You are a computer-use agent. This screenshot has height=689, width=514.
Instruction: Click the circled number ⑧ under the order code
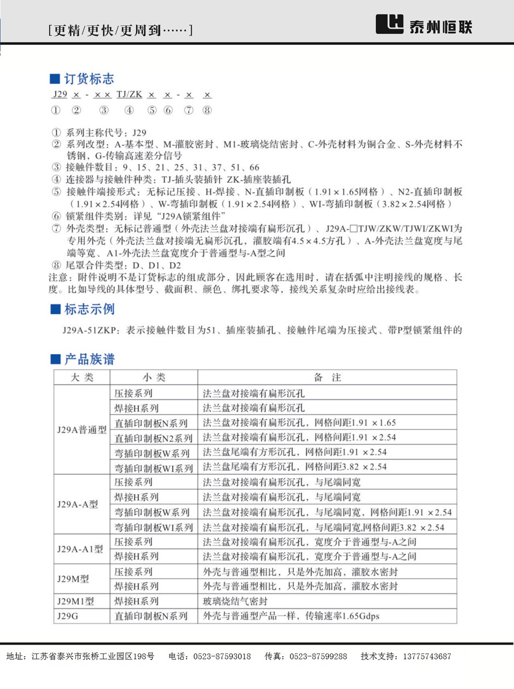[207, 110]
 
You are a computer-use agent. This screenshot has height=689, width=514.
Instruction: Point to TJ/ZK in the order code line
[129, 95]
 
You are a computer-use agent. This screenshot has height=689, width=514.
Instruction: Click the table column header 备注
[327, 378]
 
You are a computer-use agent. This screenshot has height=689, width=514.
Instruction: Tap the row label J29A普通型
[81, 430]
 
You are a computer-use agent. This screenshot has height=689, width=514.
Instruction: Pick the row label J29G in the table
[68, 616]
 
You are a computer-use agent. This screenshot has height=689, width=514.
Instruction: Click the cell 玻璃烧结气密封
[237, 601]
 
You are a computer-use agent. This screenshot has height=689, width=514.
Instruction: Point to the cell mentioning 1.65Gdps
[291, 616]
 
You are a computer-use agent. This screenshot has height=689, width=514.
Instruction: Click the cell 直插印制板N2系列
[153, 438]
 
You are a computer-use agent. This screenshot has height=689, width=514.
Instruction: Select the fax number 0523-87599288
[318, 656]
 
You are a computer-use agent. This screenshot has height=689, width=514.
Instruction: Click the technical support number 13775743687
[427, 656]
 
